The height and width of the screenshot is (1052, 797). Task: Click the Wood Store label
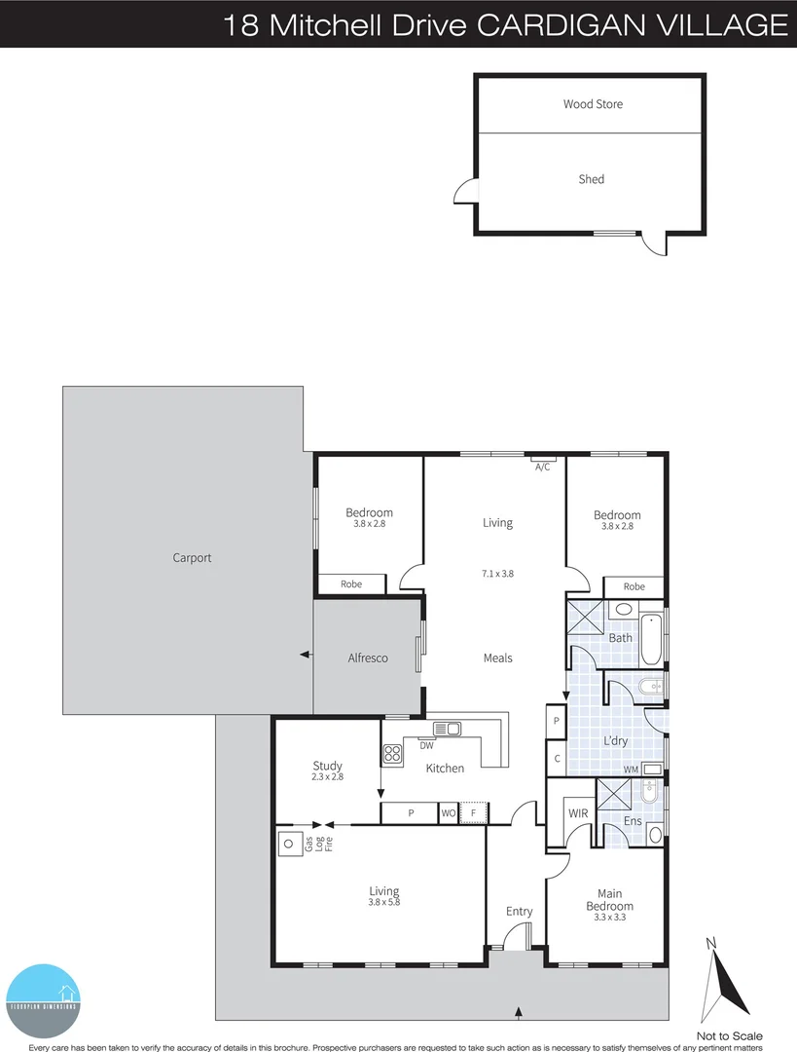593,104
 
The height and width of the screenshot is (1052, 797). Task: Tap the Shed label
592,179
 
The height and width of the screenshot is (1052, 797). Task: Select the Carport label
192,558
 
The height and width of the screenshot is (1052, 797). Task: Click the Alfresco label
368,658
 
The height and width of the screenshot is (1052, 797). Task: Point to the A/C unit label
543,467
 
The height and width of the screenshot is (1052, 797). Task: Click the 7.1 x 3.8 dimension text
497,574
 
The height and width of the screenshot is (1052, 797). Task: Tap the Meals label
497,658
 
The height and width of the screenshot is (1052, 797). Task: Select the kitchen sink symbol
448,728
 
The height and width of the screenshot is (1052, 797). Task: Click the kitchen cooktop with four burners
393,753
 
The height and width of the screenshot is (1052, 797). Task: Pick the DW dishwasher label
426,746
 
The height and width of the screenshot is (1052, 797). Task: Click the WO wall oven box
449,812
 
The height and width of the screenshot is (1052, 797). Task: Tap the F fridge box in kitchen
473,812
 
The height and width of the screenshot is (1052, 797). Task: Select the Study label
327,765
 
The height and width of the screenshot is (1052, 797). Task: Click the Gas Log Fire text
319,844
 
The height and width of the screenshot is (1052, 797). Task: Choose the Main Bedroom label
609,900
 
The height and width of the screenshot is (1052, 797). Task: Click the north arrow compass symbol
727,979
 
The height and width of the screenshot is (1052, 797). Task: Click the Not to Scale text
730,1035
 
